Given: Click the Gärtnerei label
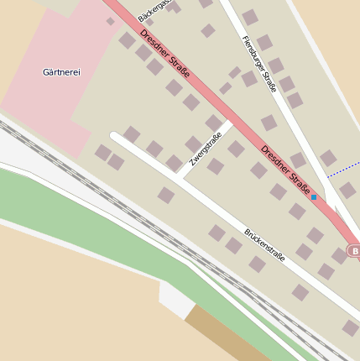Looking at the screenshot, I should (x=61, y=73).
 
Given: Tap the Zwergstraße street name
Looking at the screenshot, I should (x=206, y=149).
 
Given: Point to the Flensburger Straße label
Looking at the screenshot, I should (x=258, y=64).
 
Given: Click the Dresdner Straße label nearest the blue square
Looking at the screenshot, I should (x=285, y=168).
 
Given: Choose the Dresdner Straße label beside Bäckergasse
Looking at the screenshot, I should (x=164, y=55).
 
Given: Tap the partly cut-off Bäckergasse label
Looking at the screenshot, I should (x=153, y=10).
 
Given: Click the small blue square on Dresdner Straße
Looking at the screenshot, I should (x=314, y=197).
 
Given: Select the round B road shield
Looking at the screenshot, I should (x=354, y=251).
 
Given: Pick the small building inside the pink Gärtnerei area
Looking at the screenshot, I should (x=111, y=21).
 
